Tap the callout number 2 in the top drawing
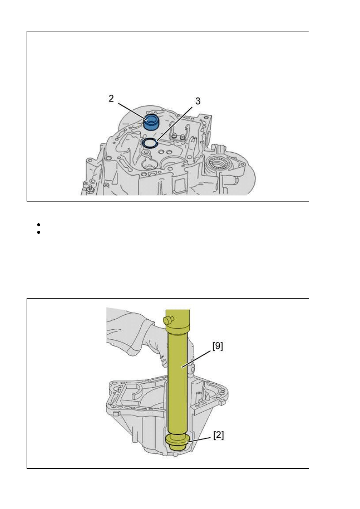[x=111, y=99]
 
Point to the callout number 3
[x=198, y=101]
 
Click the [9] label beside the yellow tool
[x=218, y=346]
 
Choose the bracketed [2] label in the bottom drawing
[x=218, y=435]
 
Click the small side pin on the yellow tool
[x=168, y=320]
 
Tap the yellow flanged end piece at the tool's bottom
[x=178, y=442]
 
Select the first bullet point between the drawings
[x=38, y=225]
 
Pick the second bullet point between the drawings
[x=38, y=233]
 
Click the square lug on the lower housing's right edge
[x=221, y=403]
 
